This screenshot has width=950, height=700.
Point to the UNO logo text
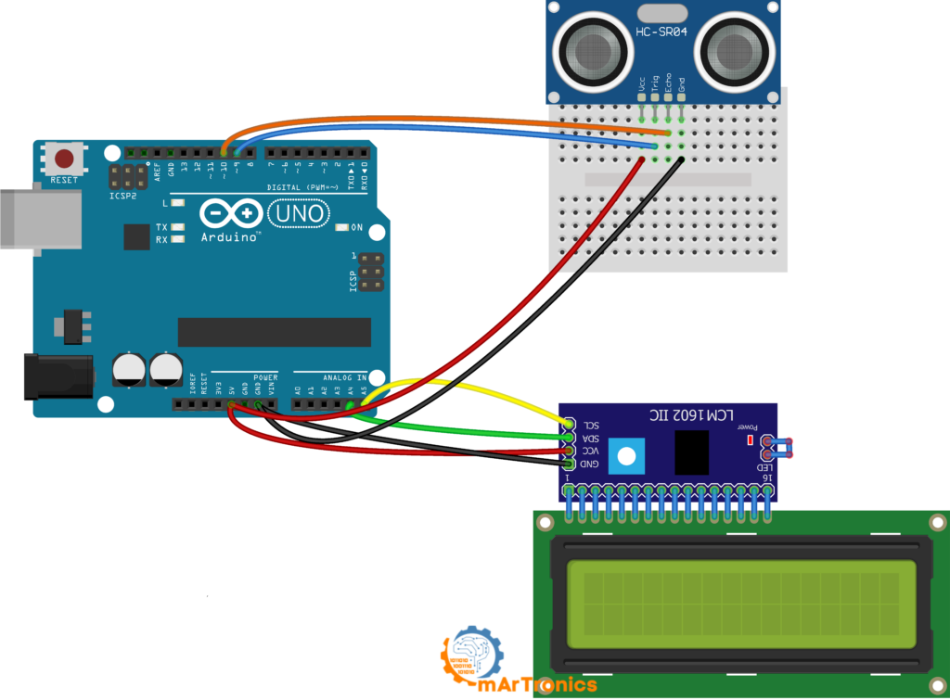(298, 214)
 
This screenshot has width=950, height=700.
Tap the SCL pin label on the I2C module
(590, 423)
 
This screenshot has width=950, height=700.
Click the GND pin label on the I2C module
(590, 464)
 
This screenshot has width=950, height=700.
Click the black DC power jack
(56, 376)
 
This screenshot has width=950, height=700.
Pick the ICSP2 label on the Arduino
(122, 197)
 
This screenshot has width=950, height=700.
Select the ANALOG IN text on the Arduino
(343, 377)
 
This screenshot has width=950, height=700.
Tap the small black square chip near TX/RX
(136, 236)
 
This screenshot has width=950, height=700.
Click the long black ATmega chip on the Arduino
(274, 332)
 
